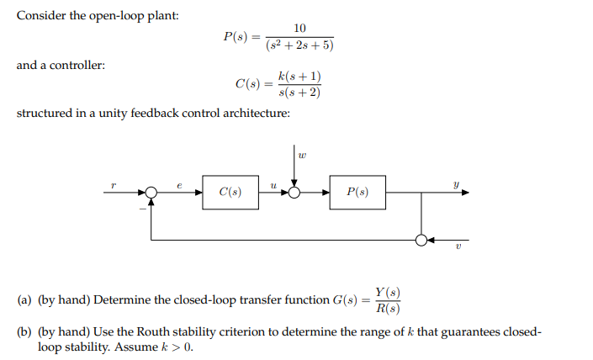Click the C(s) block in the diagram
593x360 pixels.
(230, 193)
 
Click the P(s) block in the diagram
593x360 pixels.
(357, 193)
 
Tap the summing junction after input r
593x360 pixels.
(151, 193)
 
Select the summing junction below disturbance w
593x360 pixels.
(294, 193)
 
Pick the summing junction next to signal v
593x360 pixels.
(421, 240)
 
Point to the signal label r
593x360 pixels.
(112, 181)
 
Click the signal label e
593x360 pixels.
(178, 181)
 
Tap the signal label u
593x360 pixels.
(272, 182)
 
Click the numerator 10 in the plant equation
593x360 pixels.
(299, 29)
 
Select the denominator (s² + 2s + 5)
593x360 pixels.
(299, 45)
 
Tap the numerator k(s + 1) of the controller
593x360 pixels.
(299, 77)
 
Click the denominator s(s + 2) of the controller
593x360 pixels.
(299, 93)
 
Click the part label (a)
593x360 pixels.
(25, 300)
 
